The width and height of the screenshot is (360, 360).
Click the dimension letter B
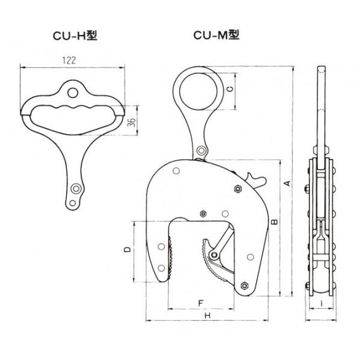274,222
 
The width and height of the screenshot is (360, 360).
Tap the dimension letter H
206,316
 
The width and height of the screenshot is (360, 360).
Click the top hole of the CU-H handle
73,92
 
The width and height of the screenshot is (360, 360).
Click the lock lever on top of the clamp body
256,178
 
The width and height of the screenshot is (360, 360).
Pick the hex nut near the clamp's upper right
238,189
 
